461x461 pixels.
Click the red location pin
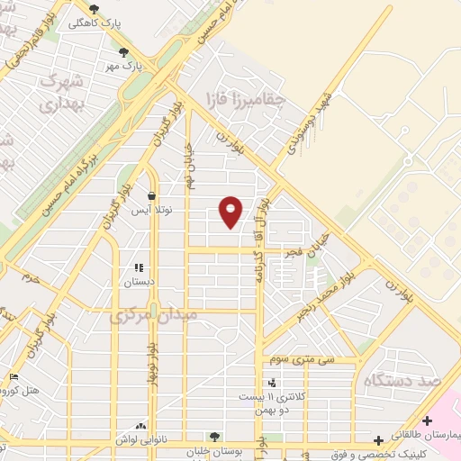point(231,212)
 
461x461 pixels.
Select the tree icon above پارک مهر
point(123,52)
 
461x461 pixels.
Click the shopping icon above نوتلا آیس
point(150,196)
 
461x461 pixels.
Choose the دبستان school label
point(139,282)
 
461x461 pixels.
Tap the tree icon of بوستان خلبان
point(213,437)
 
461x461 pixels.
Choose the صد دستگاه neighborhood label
point(399,381)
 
